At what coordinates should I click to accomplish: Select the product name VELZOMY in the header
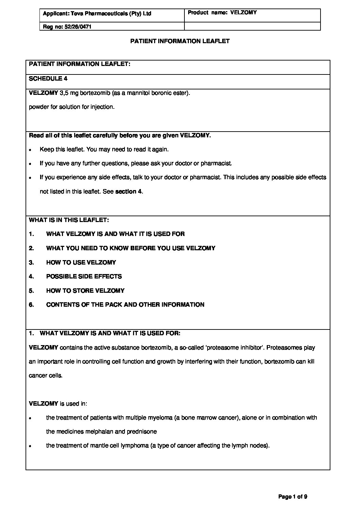(243, 13)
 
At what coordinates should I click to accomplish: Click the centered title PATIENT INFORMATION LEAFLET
(180, 41)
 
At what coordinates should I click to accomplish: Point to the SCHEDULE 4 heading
(48, 79)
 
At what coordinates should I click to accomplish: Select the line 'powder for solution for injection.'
(72, 107)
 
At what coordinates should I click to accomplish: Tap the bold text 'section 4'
(128, 191)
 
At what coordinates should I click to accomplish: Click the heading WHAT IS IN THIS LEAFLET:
(69, 220)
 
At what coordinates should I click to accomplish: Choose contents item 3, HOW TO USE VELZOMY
(81, 262)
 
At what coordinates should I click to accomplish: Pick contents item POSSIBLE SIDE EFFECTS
(84, 276)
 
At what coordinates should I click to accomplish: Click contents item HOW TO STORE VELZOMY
(85, 291)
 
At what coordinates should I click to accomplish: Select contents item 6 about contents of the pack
(125, 305)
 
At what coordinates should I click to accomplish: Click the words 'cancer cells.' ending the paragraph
(46, 376)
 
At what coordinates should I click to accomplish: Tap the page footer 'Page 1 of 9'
(293, 497)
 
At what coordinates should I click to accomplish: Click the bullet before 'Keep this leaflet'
(30, 150)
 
